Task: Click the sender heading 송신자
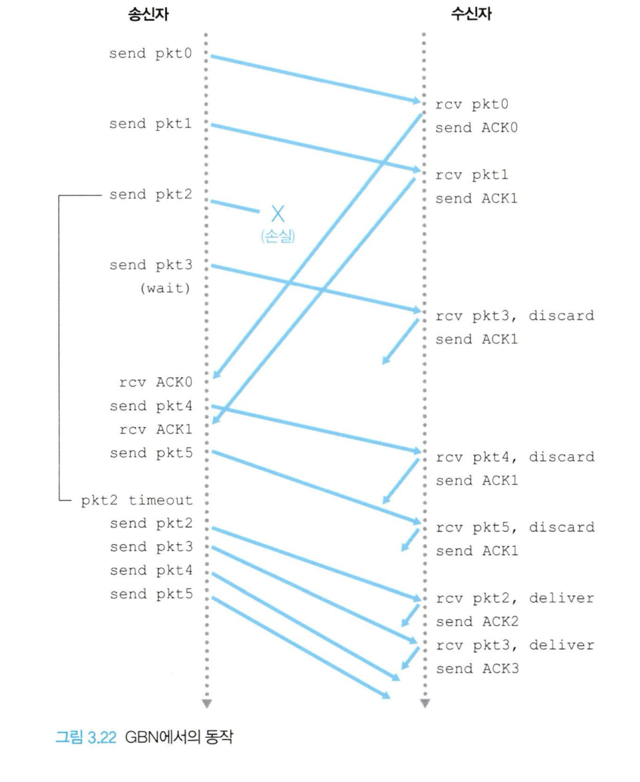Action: [148, 14]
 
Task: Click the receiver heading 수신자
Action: [471, 14]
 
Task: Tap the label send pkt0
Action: [150, 53]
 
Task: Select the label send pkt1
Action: [150, 124]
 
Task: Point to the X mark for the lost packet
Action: [278, 214]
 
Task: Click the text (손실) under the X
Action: [278, 236]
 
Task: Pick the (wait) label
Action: [165, 288]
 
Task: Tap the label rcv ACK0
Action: [155, 382]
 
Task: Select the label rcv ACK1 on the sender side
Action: [155, 429]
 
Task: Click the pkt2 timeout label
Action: [137, 500]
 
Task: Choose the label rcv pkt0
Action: [471, 105]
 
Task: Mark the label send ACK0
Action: [476, 128]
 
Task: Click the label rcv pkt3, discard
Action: [514, 316]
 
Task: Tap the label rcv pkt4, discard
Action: [515, 457]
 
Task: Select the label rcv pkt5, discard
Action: [515, 528]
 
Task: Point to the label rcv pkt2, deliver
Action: [515, 598]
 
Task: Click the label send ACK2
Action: [477, 622]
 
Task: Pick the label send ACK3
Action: [477, 669]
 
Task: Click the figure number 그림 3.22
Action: [86, 737]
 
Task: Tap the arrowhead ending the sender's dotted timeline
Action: [207, 703]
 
